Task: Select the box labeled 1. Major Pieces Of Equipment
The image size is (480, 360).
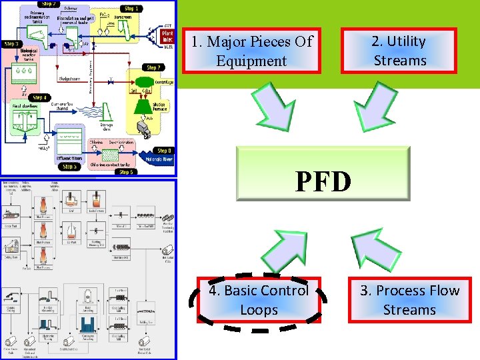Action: click(x=251, y=51)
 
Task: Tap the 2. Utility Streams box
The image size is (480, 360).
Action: click(x=399, y=51)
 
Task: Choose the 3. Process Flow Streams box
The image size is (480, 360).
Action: click(x=409, y=300)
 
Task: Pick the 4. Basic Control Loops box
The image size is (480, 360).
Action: click(x=259, y=300)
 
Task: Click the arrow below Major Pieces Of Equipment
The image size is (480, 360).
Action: click(x=275, y=107)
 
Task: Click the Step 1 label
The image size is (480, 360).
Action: click(x=131, y=9)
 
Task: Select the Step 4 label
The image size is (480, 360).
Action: click(x=40, y=98)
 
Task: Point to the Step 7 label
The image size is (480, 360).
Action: click(x=153, y=67)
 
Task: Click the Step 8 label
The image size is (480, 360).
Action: click(x=163, y=151)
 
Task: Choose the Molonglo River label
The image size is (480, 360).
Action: click(x=159, y=159)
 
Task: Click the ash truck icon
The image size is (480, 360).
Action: click(x=142, y=127)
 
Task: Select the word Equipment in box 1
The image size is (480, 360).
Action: click(x=251, y=61)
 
